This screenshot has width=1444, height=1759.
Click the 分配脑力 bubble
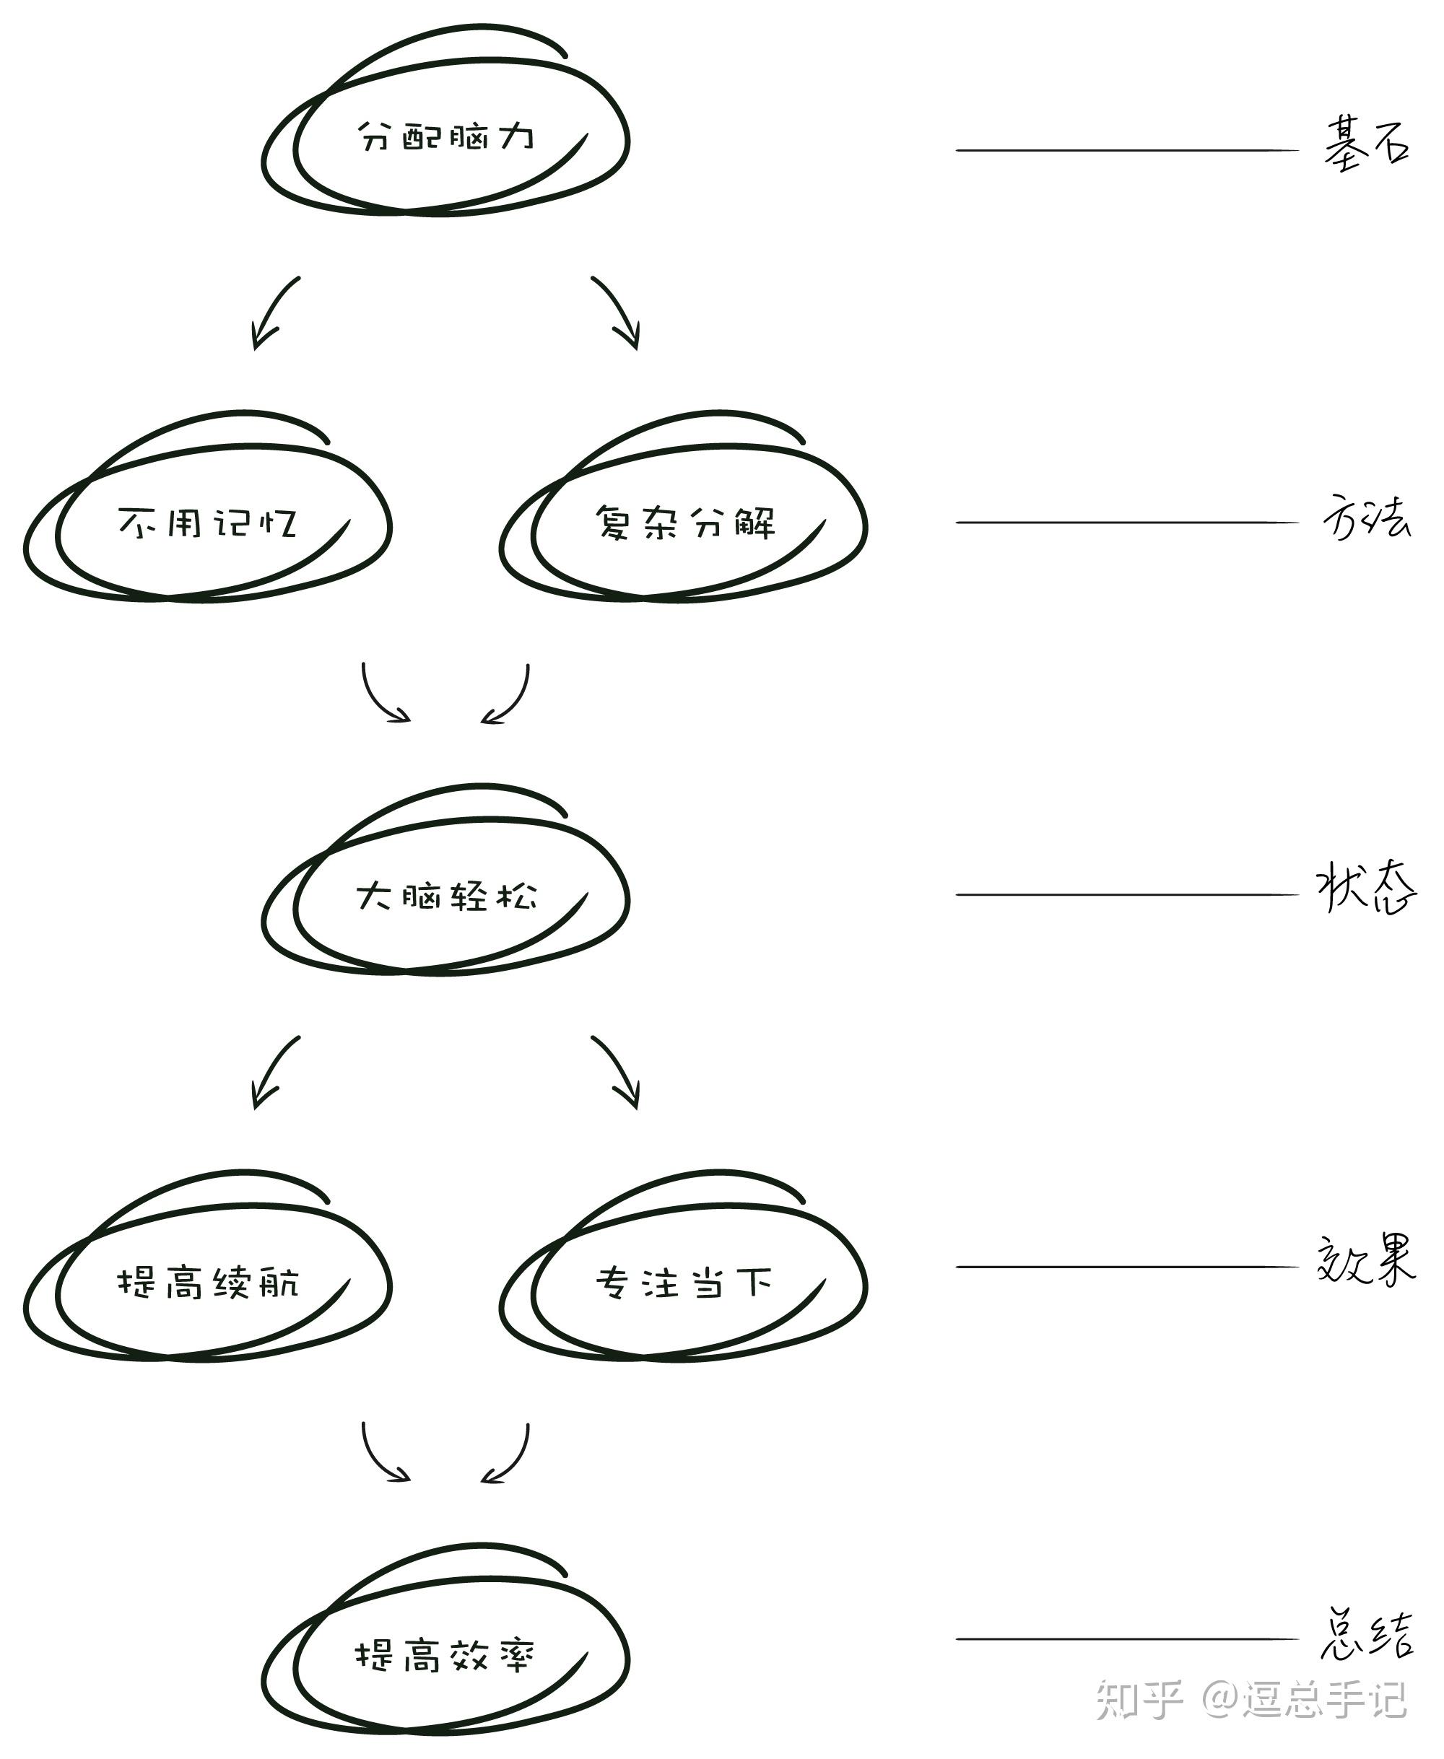(x=446, y=137)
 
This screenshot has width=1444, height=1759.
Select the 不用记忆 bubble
(x=208, y=523)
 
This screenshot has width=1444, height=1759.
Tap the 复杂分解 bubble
(x=684, y=523)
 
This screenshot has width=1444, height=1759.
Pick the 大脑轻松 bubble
(x=446, y=896)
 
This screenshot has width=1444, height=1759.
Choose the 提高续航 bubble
(x=208, y=1282)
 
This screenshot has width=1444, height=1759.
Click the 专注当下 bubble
(x=684, y=1282)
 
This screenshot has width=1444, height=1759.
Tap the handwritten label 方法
(x=1366, y=518)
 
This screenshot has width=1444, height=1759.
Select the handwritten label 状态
(x=1366, y=890)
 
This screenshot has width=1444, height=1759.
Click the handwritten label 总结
(x=1366, y=1635)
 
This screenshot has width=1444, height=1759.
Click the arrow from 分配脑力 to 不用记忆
(x=273, y=312)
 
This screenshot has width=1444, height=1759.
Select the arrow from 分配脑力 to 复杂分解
(x=618, y=312)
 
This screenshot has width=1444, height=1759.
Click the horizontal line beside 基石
(x=1126, y=151)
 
